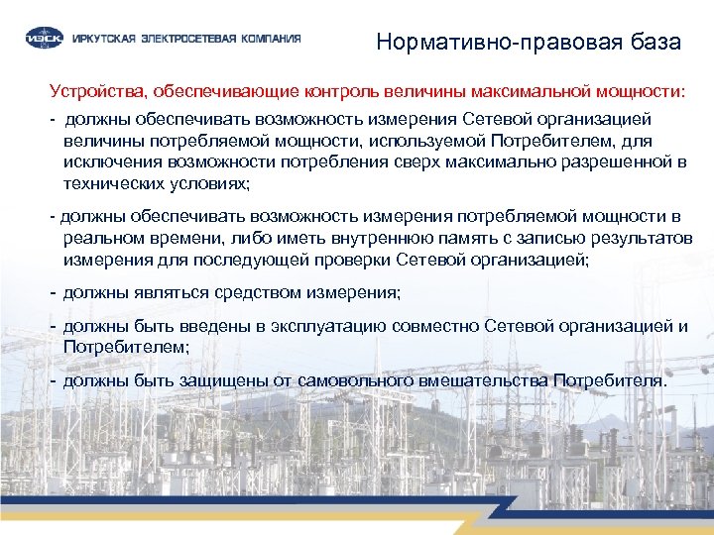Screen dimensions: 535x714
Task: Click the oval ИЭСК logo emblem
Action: point(43,39)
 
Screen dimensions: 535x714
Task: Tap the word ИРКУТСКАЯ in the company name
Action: point(98,40)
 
